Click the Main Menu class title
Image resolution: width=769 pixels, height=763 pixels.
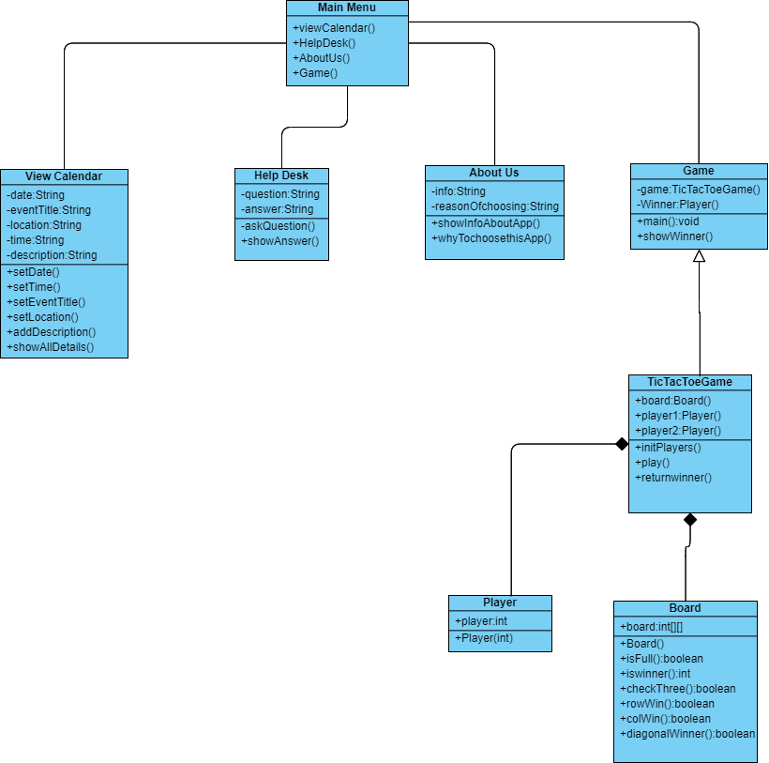click(347, 8)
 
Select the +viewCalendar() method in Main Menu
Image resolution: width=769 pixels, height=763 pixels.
click(334, 28)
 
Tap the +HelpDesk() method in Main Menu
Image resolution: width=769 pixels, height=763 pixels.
click(324, 43)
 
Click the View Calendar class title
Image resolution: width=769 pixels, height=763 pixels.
click(64, 176)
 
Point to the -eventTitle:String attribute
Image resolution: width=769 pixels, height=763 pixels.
click(49, 210)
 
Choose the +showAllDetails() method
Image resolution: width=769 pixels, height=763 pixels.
click(51, 347)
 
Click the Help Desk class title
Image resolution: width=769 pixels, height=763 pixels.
click(281, 175)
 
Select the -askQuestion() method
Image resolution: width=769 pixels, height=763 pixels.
click(279, 226)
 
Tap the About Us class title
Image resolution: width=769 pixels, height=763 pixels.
click(494, 173)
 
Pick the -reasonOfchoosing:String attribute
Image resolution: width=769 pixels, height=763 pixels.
click(495, 206)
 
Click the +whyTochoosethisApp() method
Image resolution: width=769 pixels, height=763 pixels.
click(491, 238)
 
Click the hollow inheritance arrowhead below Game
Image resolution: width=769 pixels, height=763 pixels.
click(699, 256)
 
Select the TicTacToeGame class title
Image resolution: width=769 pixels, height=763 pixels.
click(689, 382)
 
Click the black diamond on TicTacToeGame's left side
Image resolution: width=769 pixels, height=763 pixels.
click(621, 444)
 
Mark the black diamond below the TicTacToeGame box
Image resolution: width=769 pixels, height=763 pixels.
click(690, 520)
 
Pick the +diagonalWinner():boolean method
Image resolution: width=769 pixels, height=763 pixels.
click(687, 734)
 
